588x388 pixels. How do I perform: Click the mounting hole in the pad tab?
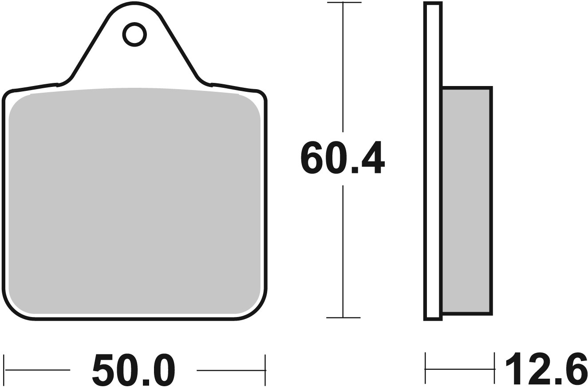(x=134, y=34)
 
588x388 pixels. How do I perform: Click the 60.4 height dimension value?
(x=342, y=158)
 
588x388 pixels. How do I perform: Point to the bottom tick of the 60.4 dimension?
(x=343, y=317)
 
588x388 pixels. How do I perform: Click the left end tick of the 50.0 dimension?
(x=4, y=369)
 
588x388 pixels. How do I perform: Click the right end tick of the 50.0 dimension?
(x=265, y=369)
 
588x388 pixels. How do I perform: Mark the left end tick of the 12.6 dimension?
(x=425, y=368)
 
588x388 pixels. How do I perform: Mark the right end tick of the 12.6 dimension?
(x=494, y=368)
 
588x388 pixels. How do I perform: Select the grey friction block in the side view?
(x=466, y=200)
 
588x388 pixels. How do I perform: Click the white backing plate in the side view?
(x=433, y=160)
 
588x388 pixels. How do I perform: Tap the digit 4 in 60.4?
(x=373, y=157)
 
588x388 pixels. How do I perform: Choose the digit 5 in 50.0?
(x=103, y=370)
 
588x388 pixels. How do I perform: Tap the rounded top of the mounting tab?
(x=134, y=4)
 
